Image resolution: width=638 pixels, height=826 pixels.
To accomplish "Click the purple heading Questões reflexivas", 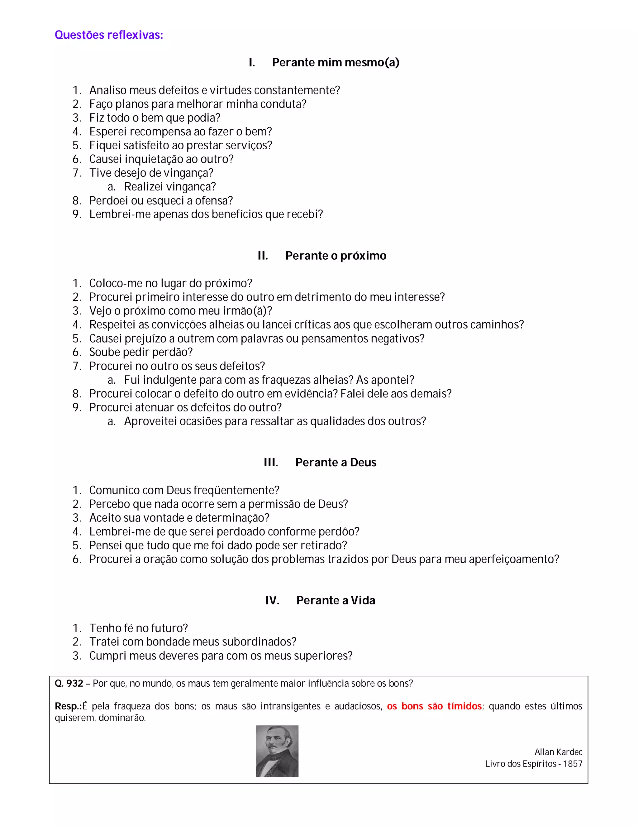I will [x=109, y=35].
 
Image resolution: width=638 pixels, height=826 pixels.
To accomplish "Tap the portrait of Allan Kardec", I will [x=277, y=751].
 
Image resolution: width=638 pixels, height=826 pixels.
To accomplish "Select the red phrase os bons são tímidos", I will [x=434, y=706].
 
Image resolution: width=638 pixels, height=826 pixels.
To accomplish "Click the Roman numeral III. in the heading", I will [x=271, y=462].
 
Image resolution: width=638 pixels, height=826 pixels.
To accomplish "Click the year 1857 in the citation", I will [x=573, y=764].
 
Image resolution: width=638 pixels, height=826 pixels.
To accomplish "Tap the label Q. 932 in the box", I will [x=69, y=684].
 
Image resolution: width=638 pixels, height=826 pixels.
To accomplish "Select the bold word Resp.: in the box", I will [x=68, y=706].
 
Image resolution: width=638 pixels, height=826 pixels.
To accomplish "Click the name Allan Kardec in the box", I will [x=558, y=752].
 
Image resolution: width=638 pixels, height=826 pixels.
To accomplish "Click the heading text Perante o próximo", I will [x=336, y=256].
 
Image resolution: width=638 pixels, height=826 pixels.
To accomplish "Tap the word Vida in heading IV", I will [x=363, y=600].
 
